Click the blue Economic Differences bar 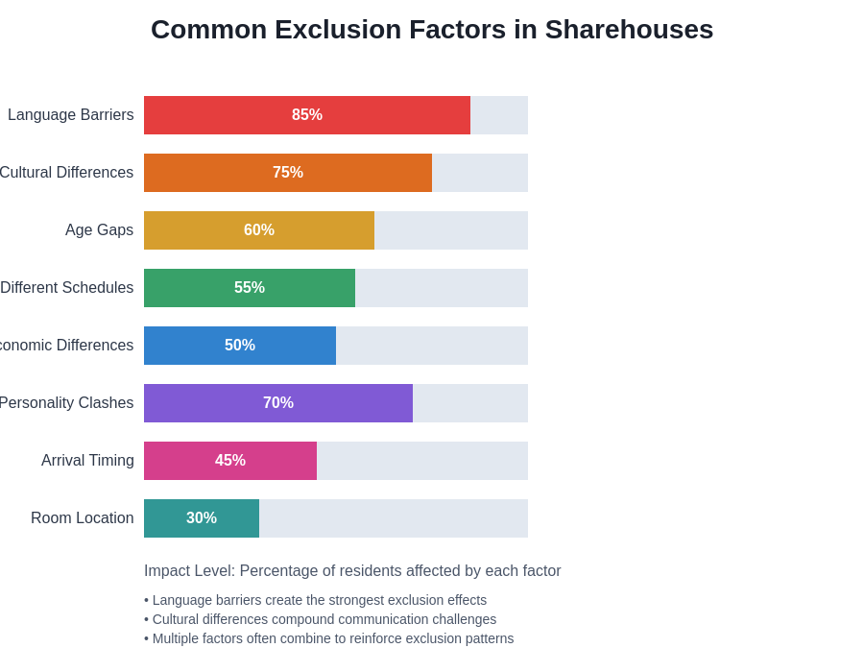point(182,346)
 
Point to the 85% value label point(307,115)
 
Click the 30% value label point(202,518)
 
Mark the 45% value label point(230,461)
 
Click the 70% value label point(278,403)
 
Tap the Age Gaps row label point(99,230)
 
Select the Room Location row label point(83,518)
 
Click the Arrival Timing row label point(87,461)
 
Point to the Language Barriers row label point(71,115)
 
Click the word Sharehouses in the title point(629,30)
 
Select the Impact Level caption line point(352,571)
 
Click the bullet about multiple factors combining point(328,638)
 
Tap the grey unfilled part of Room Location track point(394,518)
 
